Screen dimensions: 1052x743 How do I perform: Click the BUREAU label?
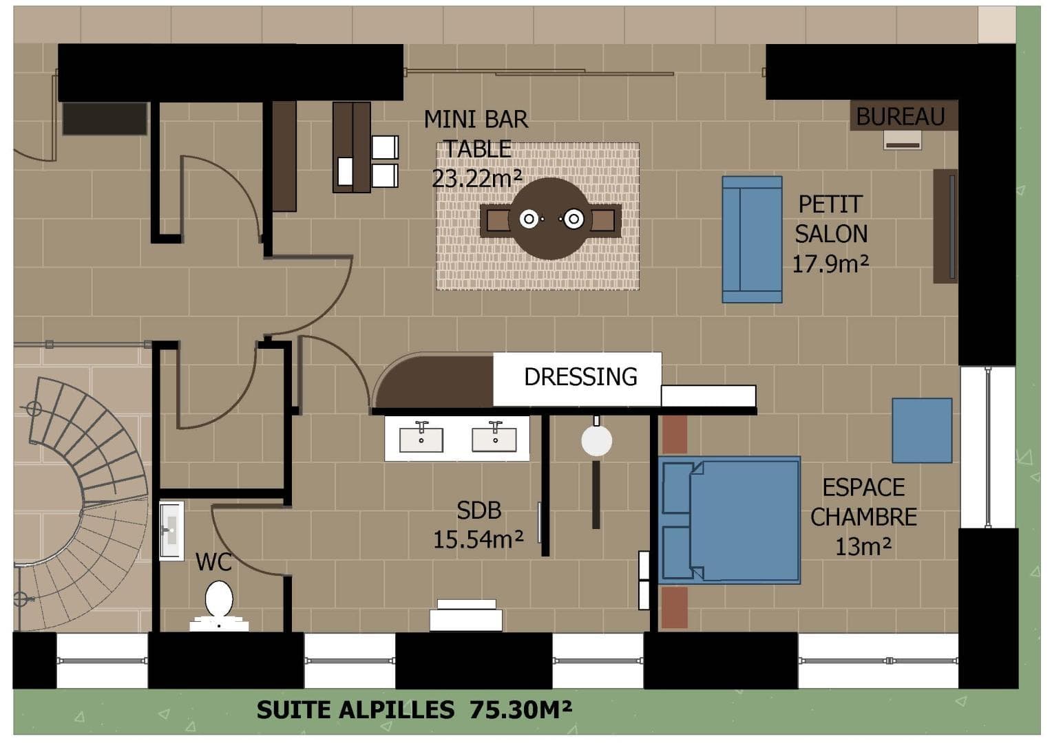pos(901,116)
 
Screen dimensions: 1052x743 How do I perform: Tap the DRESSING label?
pos(580,376)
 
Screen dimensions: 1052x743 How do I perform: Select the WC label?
pos(213,562)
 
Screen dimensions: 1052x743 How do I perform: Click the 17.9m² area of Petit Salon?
pos(830,263)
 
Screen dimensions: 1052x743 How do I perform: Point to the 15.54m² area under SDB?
pos(478,540)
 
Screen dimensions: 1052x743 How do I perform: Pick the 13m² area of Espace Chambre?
pos(863,546)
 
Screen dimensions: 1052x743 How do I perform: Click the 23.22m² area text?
pos(476,178)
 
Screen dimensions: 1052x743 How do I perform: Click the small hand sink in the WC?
pos(171,530)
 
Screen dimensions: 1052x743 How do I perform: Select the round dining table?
pos(550,219)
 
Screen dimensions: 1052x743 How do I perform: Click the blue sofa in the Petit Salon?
pos(752,239)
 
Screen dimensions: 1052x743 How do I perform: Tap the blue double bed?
pos(729,520)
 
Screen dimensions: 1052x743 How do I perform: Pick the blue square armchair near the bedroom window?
pos(922,431)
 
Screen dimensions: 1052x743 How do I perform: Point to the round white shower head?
pos(596,440)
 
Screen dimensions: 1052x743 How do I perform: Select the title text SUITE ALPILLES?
pos(355,710)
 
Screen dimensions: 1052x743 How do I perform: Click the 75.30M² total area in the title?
pos(520,709)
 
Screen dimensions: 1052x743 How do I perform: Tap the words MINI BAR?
pos(476,119)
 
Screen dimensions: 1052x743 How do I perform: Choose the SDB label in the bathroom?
pos(479,510)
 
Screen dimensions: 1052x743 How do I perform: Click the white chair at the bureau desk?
pos(902,140)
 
